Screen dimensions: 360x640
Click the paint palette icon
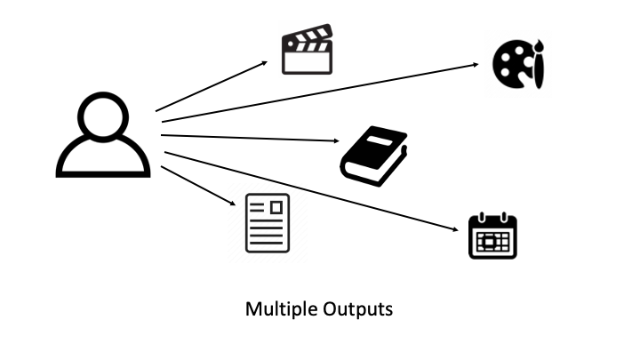click(520, 64)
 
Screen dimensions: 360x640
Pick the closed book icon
click(373, 156)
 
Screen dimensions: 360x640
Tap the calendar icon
click(492, 236)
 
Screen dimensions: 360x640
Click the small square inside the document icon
click(276, 207)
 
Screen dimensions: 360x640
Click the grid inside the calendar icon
click(492, 240)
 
